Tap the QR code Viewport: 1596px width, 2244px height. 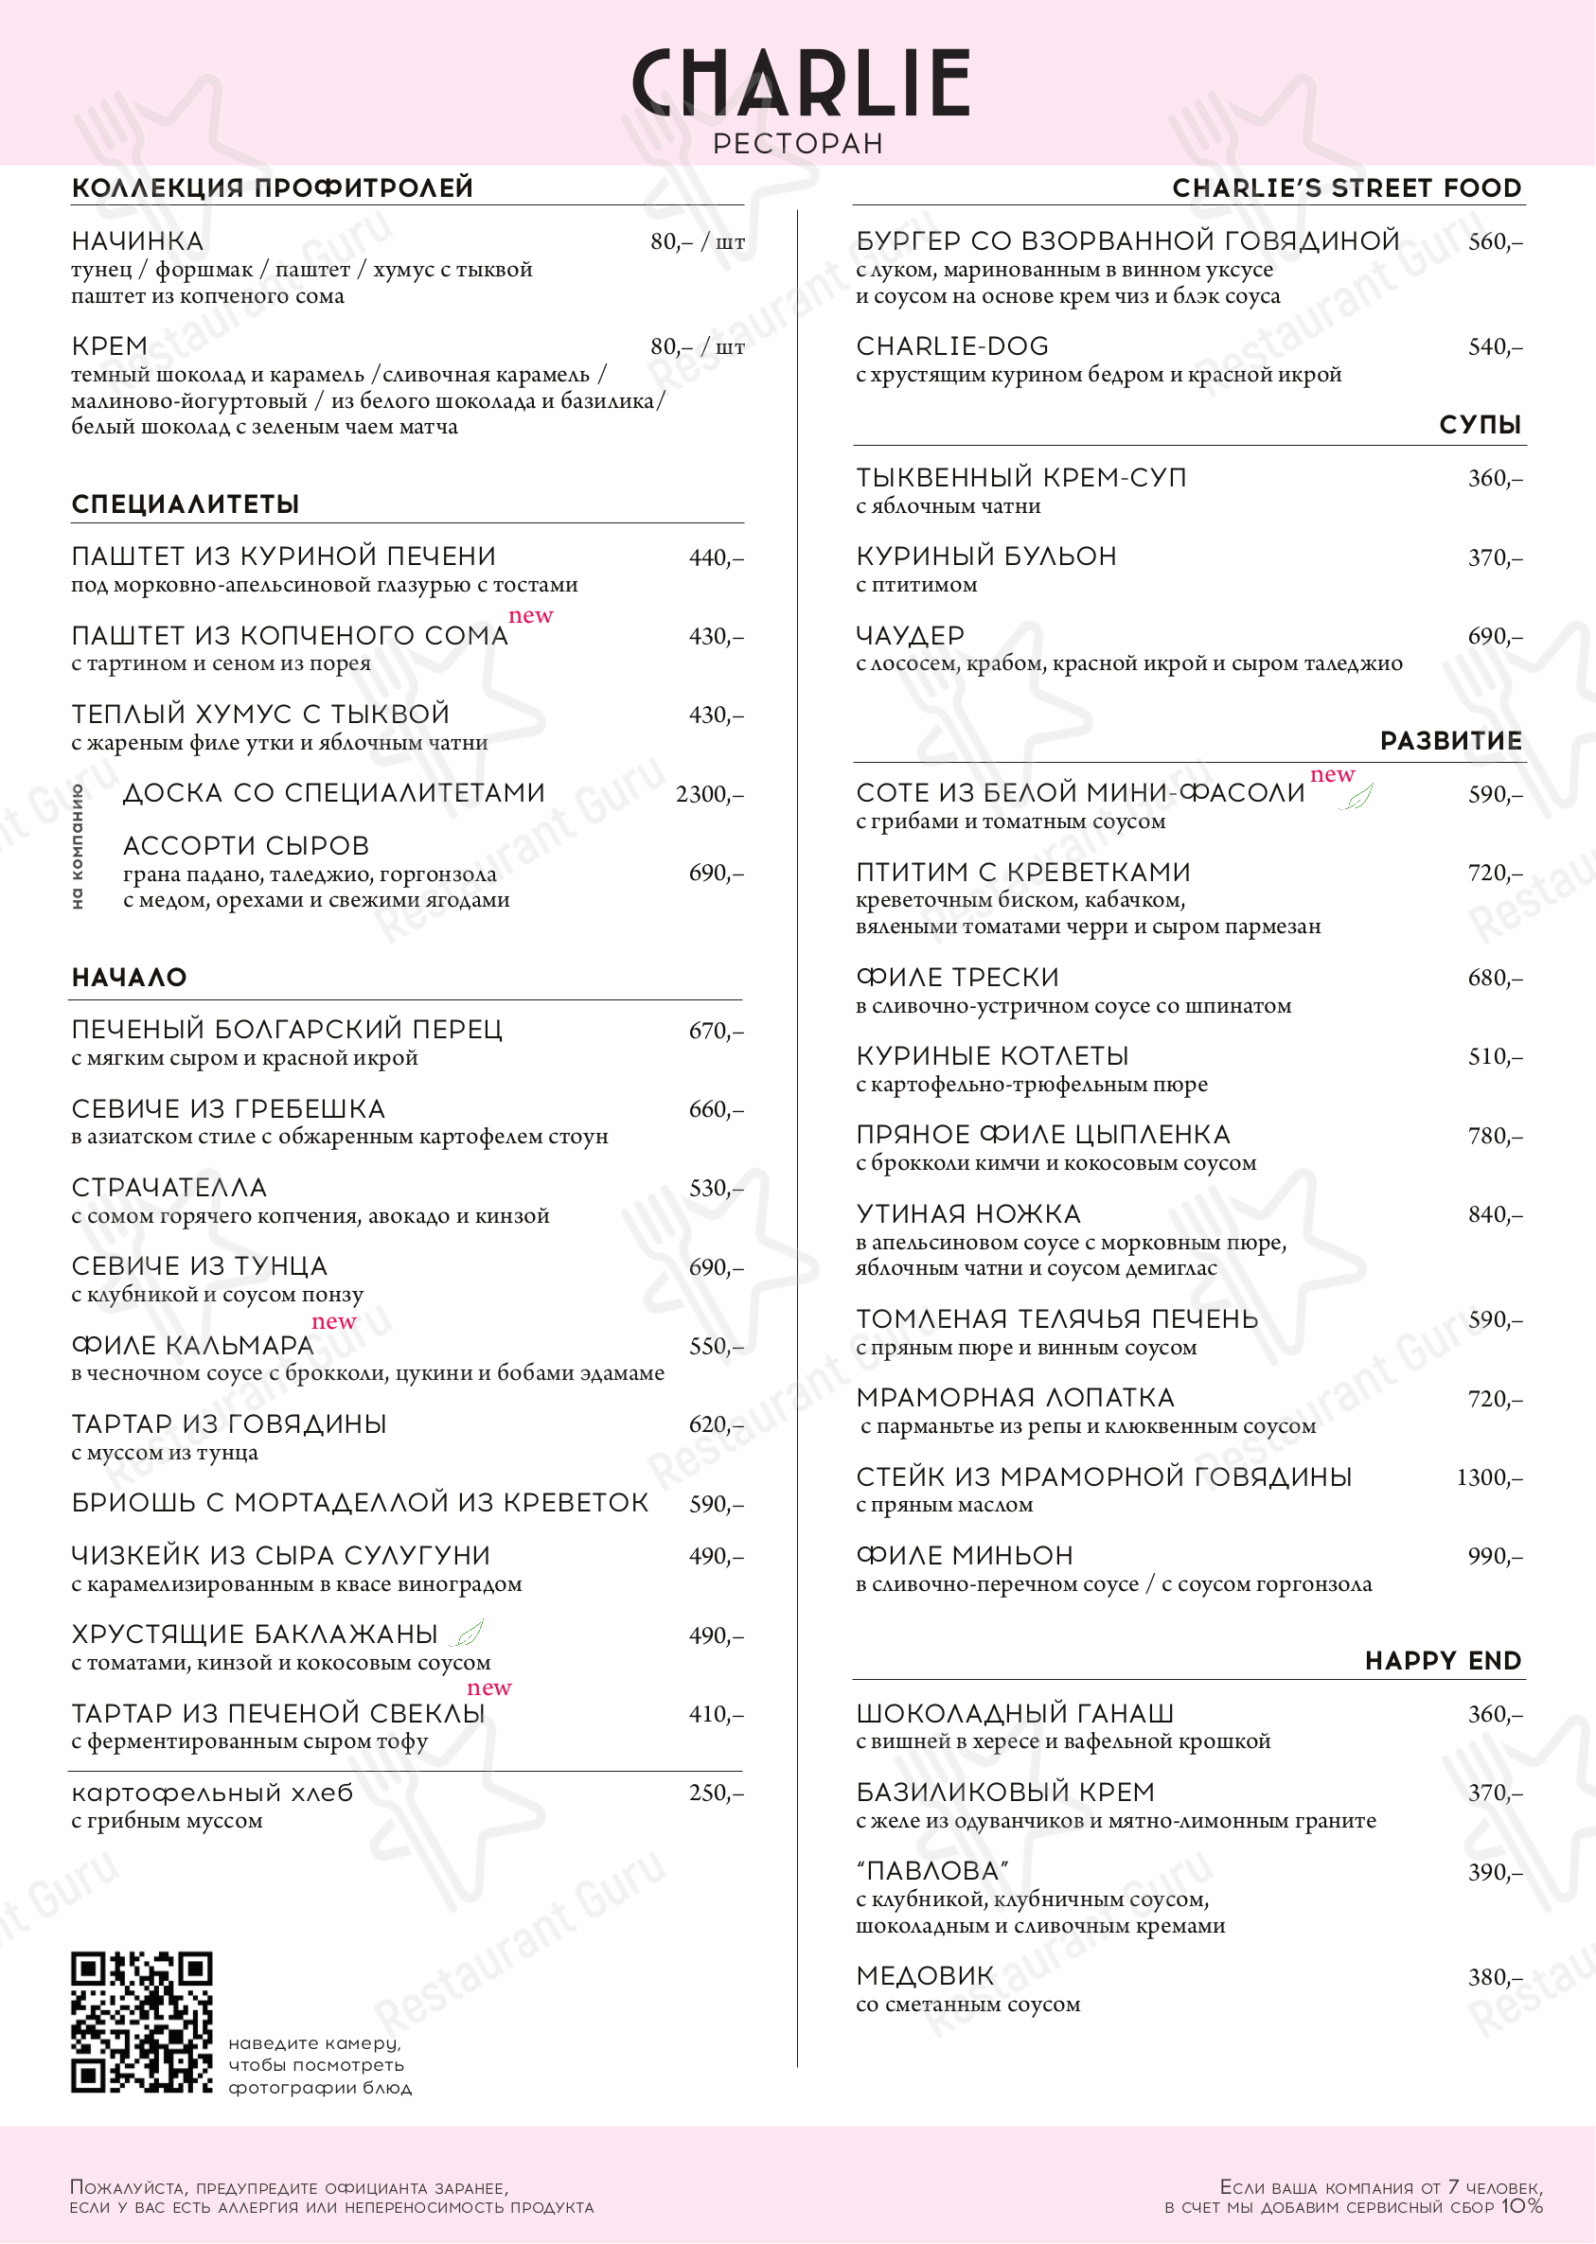click(141, 2021)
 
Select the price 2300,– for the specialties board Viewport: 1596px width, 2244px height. click(709, 794)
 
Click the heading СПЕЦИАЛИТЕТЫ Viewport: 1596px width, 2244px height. click(185, 504)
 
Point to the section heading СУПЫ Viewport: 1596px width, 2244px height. click(1479, 424)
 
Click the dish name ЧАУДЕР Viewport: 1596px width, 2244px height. click(910, 636)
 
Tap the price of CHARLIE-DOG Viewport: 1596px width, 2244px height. click(1495, 346)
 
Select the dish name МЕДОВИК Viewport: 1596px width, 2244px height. click(925, 1975)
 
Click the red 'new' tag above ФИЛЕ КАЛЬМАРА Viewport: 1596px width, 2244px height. click(333, 1321)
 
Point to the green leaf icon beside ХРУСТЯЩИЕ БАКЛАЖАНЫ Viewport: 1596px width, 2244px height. click(469, 1633)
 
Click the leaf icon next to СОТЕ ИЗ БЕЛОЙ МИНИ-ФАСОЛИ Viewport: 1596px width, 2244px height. click(1357, 797)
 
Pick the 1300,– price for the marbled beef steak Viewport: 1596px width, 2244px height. click(1489, 1477)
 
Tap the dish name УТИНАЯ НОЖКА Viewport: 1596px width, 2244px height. click(968, 1214)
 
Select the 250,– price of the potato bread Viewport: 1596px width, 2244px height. click(716, 1793)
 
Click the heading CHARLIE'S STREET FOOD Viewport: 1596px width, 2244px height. click(1346, 187)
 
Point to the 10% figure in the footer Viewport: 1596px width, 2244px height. click(1521, 2206)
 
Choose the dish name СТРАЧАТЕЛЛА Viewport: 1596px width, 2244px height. click(169, 1188)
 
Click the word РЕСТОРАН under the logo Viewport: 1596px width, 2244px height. click(798, 144)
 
